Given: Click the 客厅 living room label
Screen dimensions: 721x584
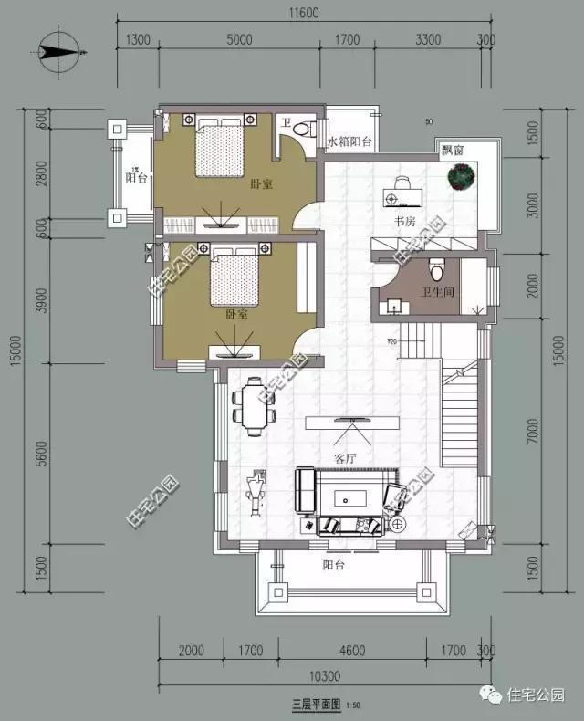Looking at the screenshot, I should [x=345, y=458].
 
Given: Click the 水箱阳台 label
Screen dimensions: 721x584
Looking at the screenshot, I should [x=350, y=141].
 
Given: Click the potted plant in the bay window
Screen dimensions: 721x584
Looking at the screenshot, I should [x=463, y=175].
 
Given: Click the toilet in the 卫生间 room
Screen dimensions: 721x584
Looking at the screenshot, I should [x=437, y=270].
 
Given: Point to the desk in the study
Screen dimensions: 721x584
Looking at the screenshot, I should [x=401, y=193].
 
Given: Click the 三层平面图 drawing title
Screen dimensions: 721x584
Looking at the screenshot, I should [x=316, y=705].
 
